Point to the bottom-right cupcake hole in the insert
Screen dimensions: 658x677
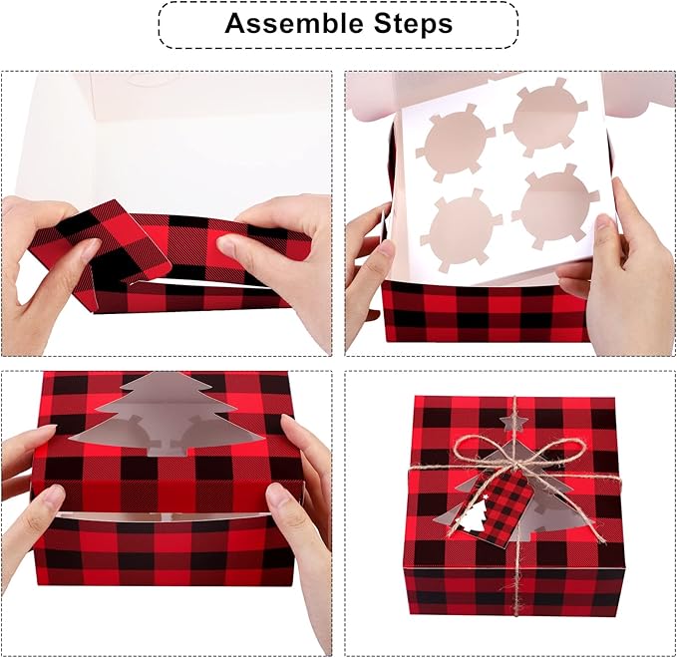(553, 207)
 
